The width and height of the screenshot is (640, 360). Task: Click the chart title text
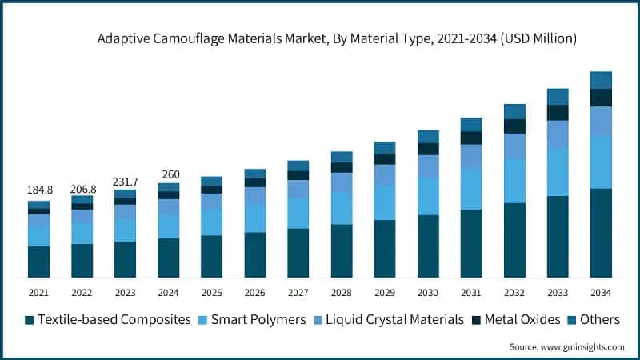(x=337, y=38)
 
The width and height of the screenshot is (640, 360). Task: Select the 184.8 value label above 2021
(x=39, y=190)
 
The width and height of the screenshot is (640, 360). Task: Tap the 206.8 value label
(x=82, y=189)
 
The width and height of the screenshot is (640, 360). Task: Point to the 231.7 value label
(x=126, y=182)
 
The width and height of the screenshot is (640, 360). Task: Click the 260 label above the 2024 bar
(x=169, y=174)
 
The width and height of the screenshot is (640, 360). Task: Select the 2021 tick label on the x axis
(x=39, y=293)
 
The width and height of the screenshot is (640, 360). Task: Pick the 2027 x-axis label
(x=298, y=293)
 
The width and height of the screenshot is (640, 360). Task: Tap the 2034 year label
(x=601, y=293)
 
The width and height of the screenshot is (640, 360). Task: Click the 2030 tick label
(x=428, y=293)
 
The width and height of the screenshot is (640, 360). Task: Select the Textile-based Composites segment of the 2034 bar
(x=601, y=233)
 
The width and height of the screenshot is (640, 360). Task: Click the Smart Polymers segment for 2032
(x=514, y=181)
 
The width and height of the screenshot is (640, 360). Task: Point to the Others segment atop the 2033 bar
(x=558, y=97)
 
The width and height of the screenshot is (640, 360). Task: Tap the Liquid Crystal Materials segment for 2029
(x=385, y=174)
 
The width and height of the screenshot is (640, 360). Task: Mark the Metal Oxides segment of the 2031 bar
(x=471, y=138)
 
